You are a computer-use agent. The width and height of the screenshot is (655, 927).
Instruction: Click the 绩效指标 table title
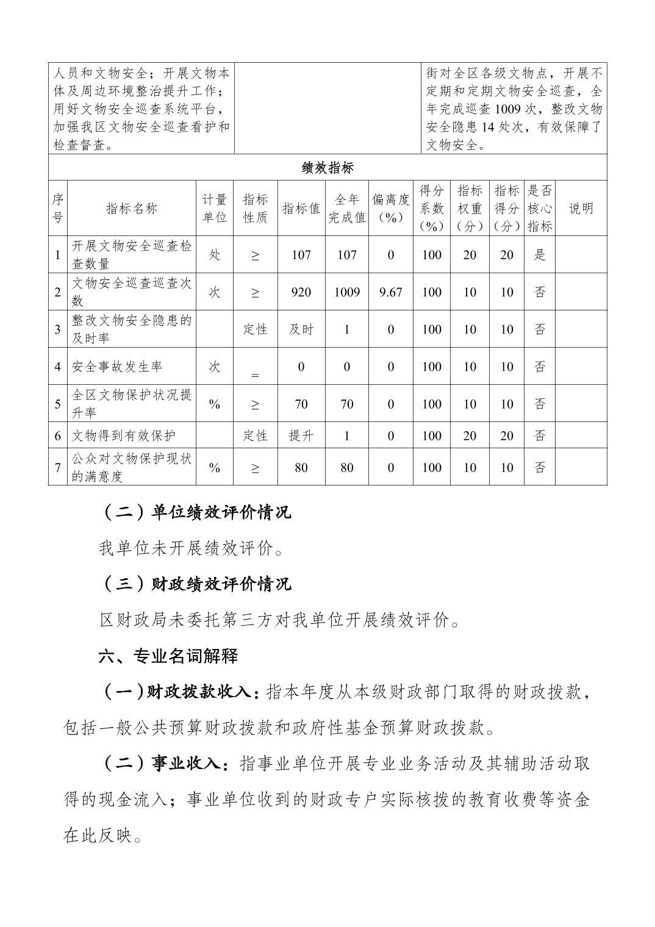(327, 168)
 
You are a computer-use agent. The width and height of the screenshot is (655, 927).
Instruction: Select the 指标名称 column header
(132, 209)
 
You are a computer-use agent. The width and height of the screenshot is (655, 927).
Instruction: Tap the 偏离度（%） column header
(390, 209)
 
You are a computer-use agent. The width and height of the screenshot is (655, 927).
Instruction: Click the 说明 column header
(581, 209)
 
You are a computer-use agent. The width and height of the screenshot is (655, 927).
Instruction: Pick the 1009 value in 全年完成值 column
(346, 292)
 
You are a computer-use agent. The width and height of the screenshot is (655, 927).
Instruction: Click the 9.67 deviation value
(390, 292)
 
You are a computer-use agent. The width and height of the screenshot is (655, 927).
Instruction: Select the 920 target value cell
(301, 292)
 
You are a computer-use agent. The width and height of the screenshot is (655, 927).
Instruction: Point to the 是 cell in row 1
(539, 255)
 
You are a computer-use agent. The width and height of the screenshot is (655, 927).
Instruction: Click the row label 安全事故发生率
(117, 367)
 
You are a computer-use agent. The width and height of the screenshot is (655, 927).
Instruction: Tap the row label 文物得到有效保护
(124, 436)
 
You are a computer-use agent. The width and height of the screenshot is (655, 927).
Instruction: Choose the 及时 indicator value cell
(301, 329)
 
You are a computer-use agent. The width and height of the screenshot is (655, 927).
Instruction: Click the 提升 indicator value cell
(301, 436)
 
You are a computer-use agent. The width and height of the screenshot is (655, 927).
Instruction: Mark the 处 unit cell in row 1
(214, 255)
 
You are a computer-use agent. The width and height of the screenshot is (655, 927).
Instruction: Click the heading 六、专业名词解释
(168, 656)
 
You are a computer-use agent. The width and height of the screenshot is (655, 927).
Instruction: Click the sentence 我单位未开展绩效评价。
(191, 549)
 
